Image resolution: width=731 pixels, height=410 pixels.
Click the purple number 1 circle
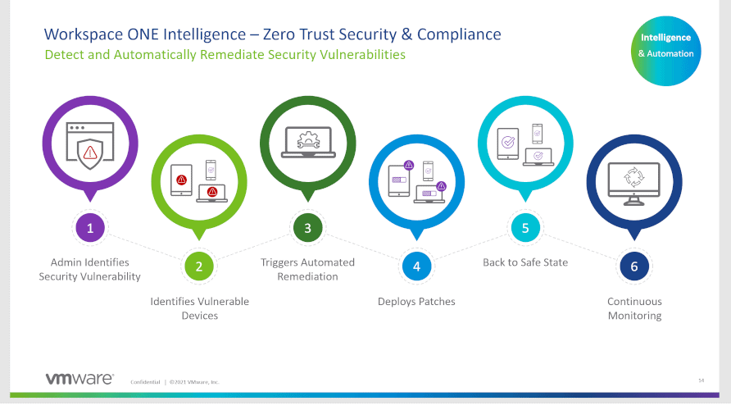[x=90, y=228]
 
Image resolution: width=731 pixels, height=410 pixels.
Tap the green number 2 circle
[x=199, y=266]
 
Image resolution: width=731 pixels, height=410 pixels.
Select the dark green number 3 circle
[x=307, y=228]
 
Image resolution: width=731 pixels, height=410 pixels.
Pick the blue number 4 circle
[x=417, y=266]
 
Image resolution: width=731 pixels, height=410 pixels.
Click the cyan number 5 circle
[x=525, y=228]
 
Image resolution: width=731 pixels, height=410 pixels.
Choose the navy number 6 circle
[x=634, y=266]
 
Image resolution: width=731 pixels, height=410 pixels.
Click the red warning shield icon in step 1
[x=90, y=153]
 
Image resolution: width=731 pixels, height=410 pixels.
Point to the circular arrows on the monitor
[x=634, y=177]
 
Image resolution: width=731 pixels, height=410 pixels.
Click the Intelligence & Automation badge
[x=665, y=51]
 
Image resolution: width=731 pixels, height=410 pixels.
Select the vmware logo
[x=79, y=378]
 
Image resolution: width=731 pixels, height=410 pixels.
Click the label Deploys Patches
[x=416, y=302]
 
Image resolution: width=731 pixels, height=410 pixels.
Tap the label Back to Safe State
[x=525, y=262]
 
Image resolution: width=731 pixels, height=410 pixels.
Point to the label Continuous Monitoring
[x=634, y=308]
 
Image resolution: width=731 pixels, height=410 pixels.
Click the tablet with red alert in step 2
[x=181, y=180]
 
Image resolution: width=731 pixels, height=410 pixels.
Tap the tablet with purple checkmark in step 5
[x=508, y=143]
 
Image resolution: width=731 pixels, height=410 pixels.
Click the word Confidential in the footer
[x=145, y=382]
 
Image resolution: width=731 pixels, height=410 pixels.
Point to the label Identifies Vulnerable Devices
[x=199, y=308]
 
